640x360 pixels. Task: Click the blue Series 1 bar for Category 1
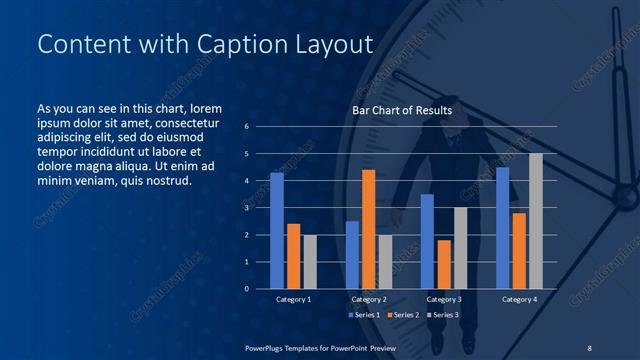[277, 230]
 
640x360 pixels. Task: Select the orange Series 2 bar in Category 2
[368, 229]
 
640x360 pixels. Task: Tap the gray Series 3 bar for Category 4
[536, 221]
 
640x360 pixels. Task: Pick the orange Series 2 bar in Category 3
[443, 264]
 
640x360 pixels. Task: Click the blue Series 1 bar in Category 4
[502, 228]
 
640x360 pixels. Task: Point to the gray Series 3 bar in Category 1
[310, 261]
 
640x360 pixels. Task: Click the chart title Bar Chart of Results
[401, 110]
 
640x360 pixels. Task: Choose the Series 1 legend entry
[364, 314]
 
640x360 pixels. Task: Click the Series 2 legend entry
[402, 314]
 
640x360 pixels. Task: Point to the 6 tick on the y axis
[246, 127]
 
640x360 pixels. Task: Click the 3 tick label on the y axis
[246, 208]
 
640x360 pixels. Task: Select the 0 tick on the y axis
[246, 289]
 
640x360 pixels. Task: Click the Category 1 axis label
[293, 299]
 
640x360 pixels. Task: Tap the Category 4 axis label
[519, 299]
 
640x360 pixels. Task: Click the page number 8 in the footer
[589, 347]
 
